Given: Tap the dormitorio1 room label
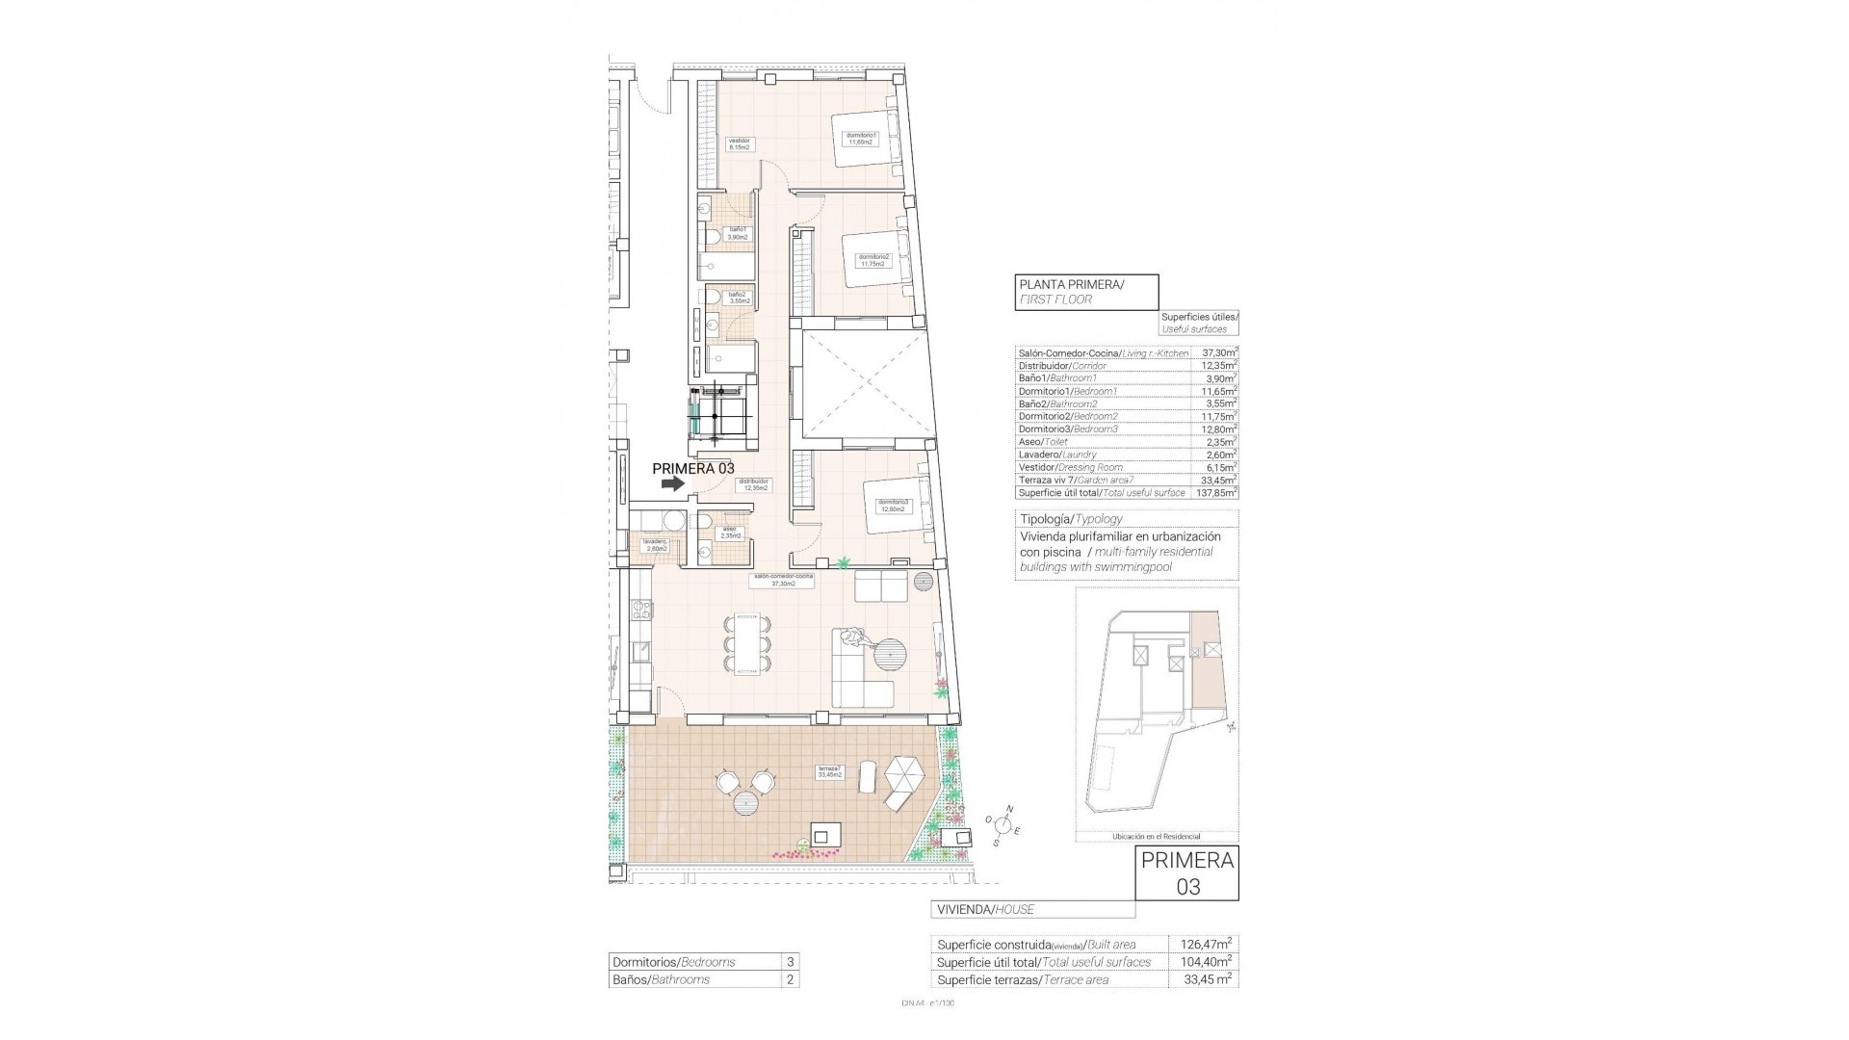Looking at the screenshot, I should tap(861, 139).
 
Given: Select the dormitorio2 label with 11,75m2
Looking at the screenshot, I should tap(874, 260).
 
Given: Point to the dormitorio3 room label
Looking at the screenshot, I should tap(892, 505).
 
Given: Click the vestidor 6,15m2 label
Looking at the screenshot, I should tap(739, 144).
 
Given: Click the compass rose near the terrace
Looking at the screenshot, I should tap(1003, 824).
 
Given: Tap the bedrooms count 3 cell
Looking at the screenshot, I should tap(790, 961).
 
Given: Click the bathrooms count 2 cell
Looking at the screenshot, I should tap(790, 979).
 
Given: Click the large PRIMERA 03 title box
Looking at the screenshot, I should tap(1187, 872).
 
